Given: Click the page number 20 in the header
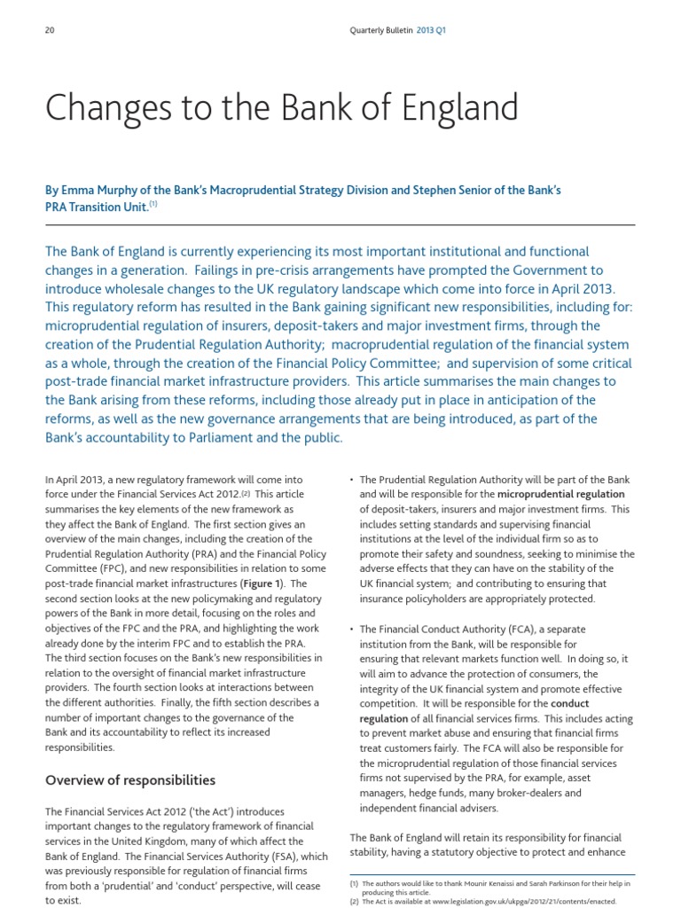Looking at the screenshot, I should (x=50, y=30).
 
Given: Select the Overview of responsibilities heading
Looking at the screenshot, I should (x=130, y=780).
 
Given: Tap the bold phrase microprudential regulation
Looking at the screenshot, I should (x=560, y=494).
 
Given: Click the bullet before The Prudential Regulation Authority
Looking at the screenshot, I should (x=353, y=480).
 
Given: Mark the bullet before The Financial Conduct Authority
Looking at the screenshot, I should (x=353, y=630).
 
